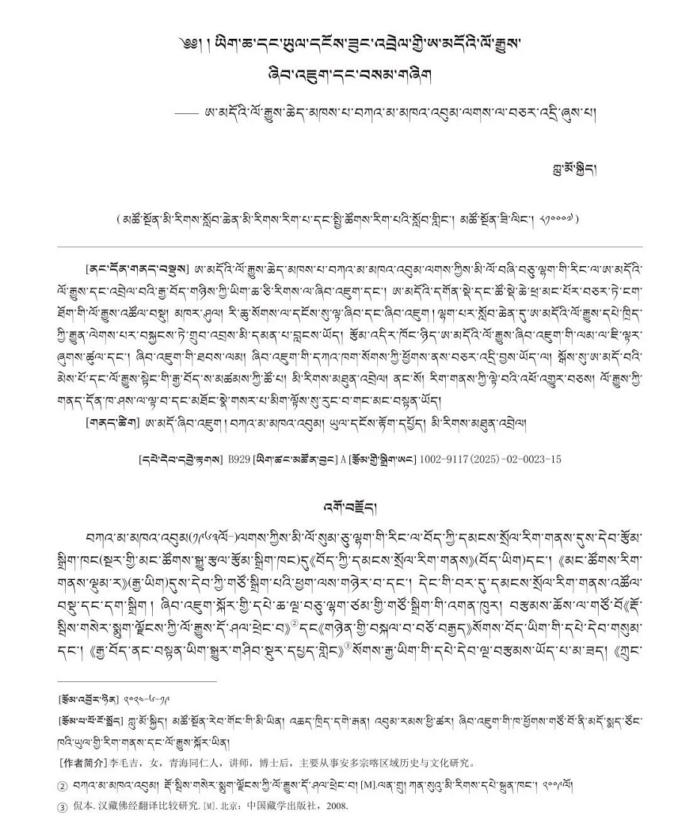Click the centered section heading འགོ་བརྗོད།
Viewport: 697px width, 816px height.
(348, 506)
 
